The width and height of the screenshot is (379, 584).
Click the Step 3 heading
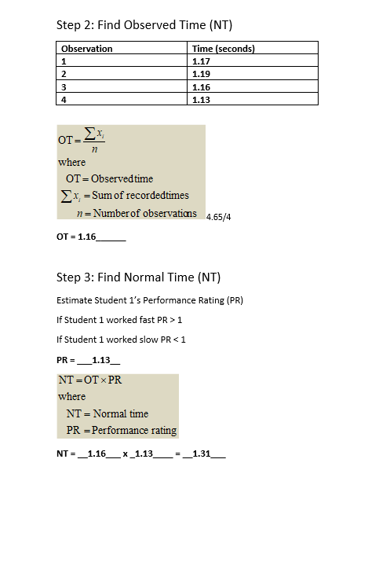pos(138,277)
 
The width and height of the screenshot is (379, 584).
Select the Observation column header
pos(86,49)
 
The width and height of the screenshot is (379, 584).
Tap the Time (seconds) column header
pos(224,49)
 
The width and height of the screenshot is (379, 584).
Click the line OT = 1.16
pos(90,237)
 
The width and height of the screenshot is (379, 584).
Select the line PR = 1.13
pos(89,360)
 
